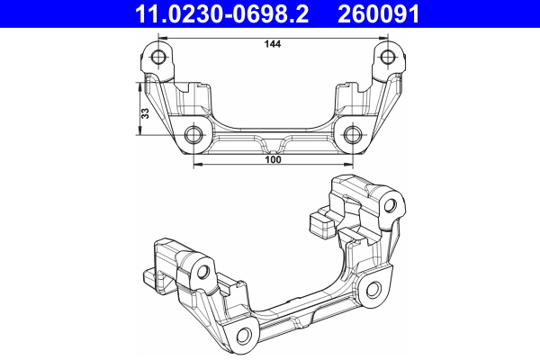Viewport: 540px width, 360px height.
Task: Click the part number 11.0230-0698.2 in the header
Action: pos(213,13)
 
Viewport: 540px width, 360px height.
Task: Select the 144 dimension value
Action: pos(271,44)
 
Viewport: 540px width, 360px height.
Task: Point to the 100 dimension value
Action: pos(273,160)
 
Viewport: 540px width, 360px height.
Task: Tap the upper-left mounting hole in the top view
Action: pos(159,59)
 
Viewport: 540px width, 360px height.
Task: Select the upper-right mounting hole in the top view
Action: pos(387,59)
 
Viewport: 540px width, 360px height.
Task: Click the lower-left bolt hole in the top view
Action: pos(193,136)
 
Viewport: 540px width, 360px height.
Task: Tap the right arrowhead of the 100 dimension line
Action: pos(348,166)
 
